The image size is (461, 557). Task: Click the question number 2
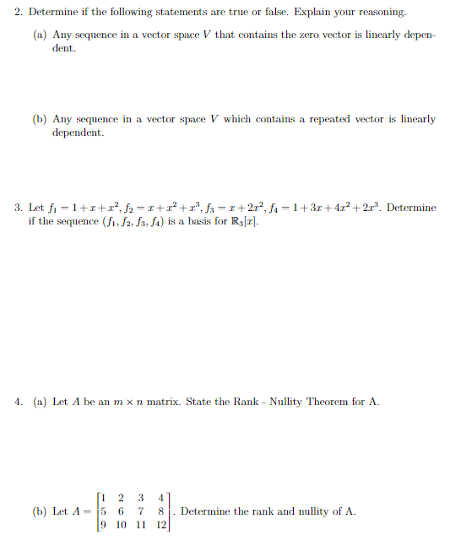pos(19,13)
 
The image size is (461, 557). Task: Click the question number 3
pos(19,208)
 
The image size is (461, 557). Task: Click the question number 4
pos(19,401)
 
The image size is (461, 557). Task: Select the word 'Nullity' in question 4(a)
pos(290,401)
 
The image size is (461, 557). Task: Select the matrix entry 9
pos(103,525)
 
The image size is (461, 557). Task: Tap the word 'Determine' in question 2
pos(56,13)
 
